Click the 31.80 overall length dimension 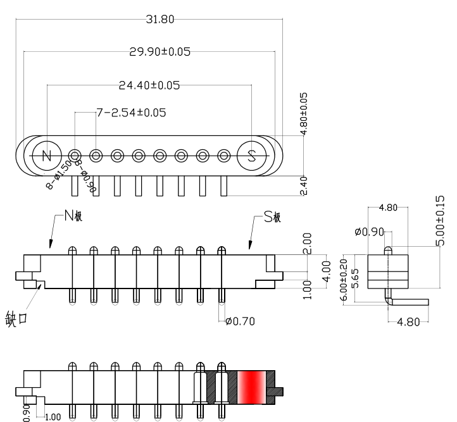(160, 19)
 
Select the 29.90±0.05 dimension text (160, 52)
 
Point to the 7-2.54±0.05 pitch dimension (131, 113)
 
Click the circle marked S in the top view (251, 156)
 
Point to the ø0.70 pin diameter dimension (240, 321)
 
